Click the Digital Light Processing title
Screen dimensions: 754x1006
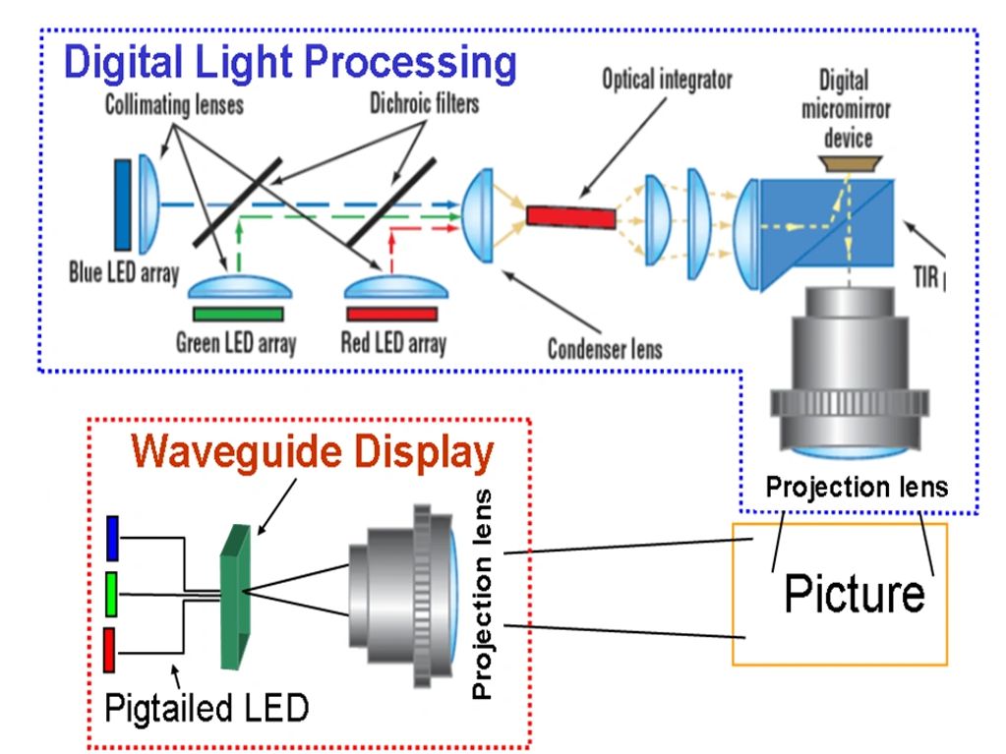pyautogui.click(x=290, y=63)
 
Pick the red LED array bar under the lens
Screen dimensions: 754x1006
pyautogui.click(x=391, y=315)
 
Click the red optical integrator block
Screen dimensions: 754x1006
pyautogui.click(x=571, y=214)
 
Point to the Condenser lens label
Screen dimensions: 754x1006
pyautogui.click(x=605, y=348)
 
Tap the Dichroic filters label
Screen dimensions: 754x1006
pyautogui.click(x=423, y=102)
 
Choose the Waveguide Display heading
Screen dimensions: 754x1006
pyautogui.click(x=313, y=453)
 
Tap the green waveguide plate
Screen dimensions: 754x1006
pyautogui.click(x=235, y=595)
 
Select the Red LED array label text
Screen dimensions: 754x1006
pyautogui.click(x=392, y=343)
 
